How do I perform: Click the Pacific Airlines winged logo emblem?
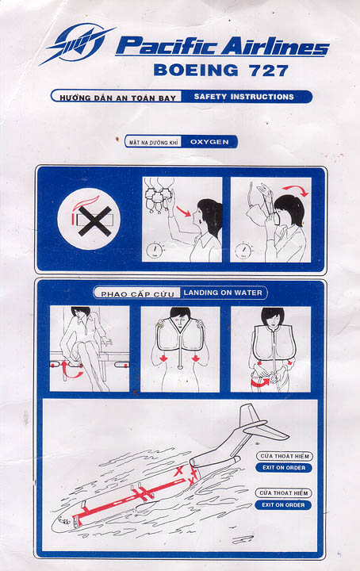coord(77,43)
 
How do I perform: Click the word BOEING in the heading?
coord(196,70)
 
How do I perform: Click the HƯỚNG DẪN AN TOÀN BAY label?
coord(117,98)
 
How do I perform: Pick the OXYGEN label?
coord(209,142)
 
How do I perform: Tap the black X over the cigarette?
coord(95,221)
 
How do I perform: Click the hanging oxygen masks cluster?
coord(158,196)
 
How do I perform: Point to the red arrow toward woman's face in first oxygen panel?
coord(184,211)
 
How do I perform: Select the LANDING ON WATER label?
coord(223,293)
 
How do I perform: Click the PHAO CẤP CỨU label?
coord(137,294)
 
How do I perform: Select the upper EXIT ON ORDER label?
coord(284,468)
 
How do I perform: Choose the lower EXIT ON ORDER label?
coord(283,504)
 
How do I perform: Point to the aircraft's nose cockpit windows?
coord(64,521)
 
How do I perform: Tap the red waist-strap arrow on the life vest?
coord(261,382)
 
